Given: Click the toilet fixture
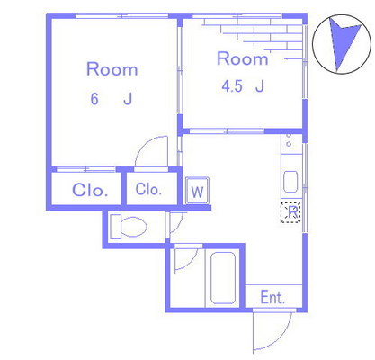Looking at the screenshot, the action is point(129,227).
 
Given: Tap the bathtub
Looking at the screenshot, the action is point(223,278).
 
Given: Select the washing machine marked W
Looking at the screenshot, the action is point(197,191).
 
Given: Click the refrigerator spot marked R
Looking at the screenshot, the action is point(290,212).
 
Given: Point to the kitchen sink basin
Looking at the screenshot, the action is point(290,182).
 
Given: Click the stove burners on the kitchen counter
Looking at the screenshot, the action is point(289,140).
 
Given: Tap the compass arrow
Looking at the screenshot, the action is point(344,43).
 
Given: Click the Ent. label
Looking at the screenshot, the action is point(272,298).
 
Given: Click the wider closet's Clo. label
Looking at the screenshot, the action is point(90,190).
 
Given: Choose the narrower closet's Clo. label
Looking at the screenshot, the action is point(148,189).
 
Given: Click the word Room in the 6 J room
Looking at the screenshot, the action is point(112,69).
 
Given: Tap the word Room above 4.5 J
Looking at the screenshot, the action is point(243,58).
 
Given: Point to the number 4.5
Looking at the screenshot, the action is point(232,86).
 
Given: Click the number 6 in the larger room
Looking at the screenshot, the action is point(94,99).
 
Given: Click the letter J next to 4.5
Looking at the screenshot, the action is point(260,86).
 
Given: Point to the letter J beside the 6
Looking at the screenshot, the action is point(128,99).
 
